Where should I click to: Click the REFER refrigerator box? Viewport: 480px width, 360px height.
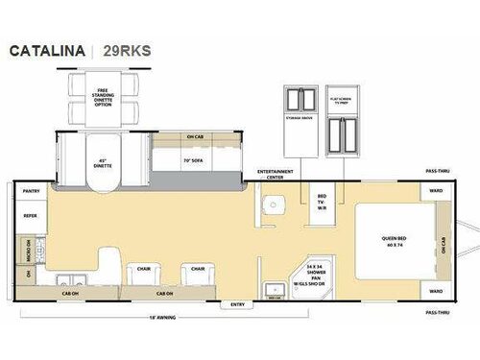(x=30, y=216)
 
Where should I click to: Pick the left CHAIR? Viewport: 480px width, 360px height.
(x=143, y=270)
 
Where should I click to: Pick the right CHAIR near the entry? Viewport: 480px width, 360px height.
(x=197, y=270)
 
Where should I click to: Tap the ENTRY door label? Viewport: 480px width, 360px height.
(x=236, y=304)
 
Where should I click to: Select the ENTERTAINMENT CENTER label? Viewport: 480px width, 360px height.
(x=275, y=175)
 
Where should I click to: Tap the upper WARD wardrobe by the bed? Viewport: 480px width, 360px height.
(x=435, y=191)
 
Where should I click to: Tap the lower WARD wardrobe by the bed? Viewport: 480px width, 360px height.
(x=435, y=290)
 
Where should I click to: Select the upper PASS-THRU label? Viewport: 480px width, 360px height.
(x=437, y=171)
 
